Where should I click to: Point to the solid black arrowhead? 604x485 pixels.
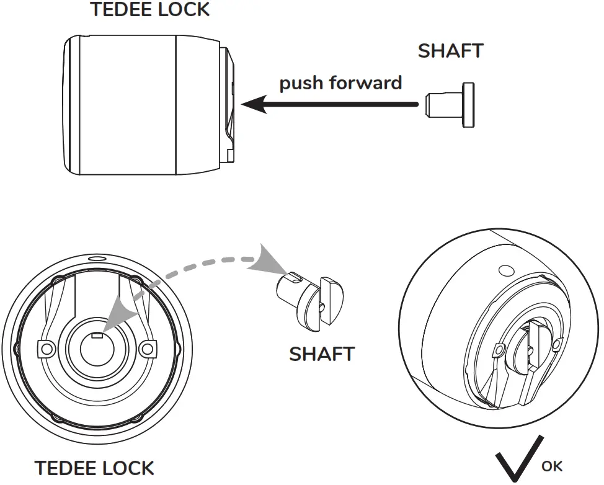click(x=254, y=105)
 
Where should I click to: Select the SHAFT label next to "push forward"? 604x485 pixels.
click(x=450, y=51)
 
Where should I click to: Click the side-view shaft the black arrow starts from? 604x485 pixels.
click(x=451, y=105)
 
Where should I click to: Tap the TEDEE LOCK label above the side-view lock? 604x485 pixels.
click(x=149, y=10)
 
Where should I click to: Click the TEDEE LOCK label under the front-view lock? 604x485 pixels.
click(x=94, y=468)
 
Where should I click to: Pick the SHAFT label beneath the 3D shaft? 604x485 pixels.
click(x=322, y=354)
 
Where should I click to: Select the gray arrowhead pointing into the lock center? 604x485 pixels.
click(x=117, y=314)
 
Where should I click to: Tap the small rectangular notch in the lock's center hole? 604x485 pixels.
click(x=97, y=336)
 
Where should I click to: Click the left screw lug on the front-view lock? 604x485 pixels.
click(x=45, y=349)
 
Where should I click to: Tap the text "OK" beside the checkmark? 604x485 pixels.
click(x=552, y=466)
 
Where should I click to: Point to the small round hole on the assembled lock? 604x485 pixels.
click(x=505, y=270)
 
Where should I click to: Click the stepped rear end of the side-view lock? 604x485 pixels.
click(x=227, y=105)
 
